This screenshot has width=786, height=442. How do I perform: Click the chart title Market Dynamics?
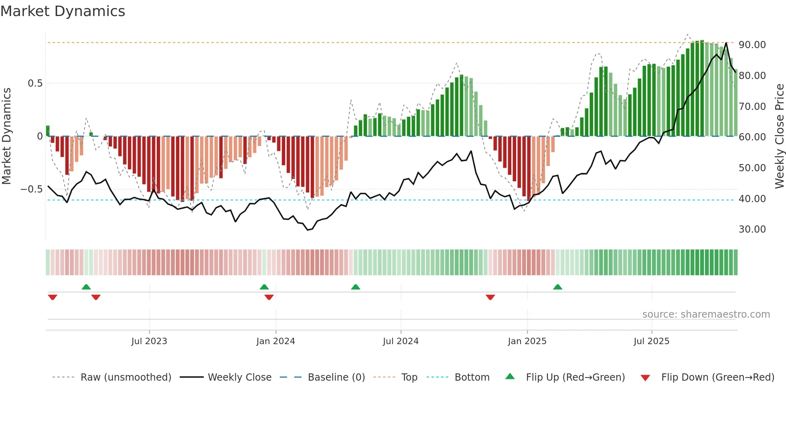[x=63, y=11]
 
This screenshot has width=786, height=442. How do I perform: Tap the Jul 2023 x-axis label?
[x=149, y=341]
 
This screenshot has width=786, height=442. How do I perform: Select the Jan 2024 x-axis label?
[x=276, y=341]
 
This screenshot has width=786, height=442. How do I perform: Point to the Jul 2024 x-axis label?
[x=401, y=341]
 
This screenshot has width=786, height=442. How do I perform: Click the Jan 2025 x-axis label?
[x=527, y=341]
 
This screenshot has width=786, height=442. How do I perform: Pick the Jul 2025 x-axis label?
[x=652, y=341]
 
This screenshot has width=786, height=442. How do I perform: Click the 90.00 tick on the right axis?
[x=752, y=45]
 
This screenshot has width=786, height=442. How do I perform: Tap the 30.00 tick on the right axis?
[x=752, y=229]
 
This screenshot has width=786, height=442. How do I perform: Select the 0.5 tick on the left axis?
[x=35, y=83]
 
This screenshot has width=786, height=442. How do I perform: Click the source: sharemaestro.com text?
[x=706, y=314]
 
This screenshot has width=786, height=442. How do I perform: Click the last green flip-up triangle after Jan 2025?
[x=557, y=287]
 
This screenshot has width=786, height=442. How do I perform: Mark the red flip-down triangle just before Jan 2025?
[x=490, y=297]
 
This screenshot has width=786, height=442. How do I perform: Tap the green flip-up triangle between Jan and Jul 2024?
[x=355, y=287]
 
